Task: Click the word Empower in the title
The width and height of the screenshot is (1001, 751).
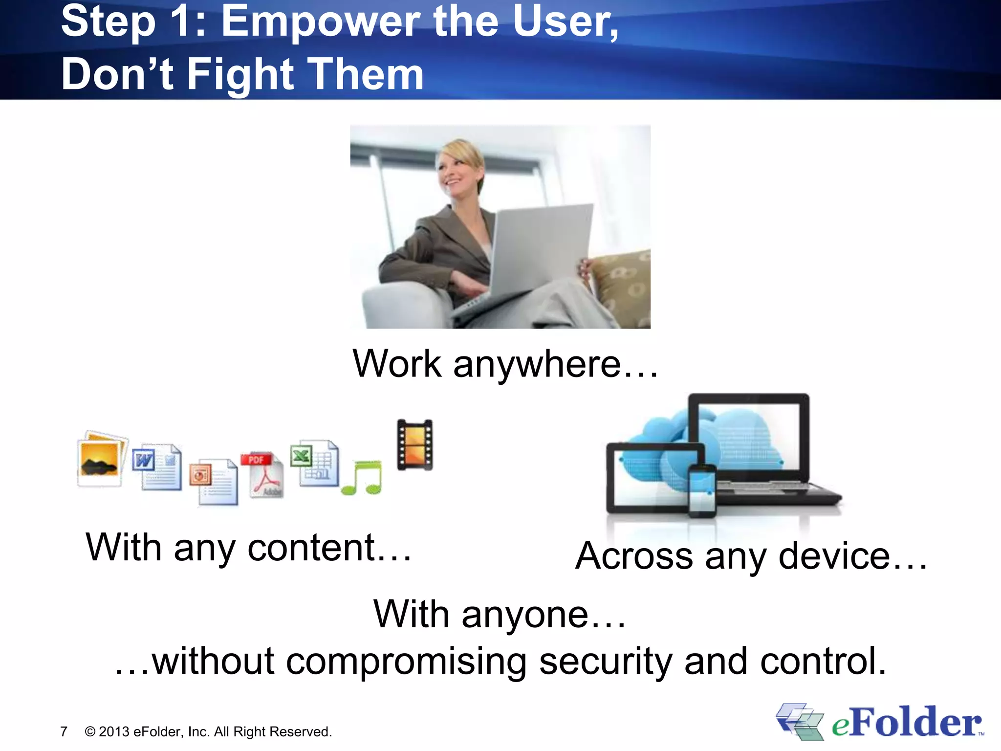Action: (320, 22)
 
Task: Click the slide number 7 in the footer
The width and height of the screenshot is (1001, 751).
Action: (64, 731)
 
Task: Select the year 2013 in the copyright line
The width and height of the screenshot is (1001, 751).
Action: (114, 731)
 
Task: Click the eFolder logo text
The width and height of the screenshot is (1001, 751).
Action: (907, 723)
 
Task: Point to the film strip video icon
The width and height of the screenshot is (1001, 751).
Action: (414, 444)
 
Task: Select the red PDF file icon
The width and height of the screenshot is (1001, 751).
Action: (262, 474)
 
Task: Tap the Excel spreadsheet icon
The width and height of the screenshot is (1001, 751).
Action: (314, 463)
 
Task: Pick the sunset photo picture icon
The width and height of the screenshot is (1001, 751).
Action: (102, 459)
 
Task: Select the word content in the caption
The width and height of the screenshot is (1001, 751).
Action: (311, 548)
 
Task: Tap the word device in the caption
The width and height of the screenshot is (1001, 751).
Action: (834, 556)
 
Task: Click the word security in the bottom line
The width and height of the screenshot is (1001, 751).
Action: (605, 662)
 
